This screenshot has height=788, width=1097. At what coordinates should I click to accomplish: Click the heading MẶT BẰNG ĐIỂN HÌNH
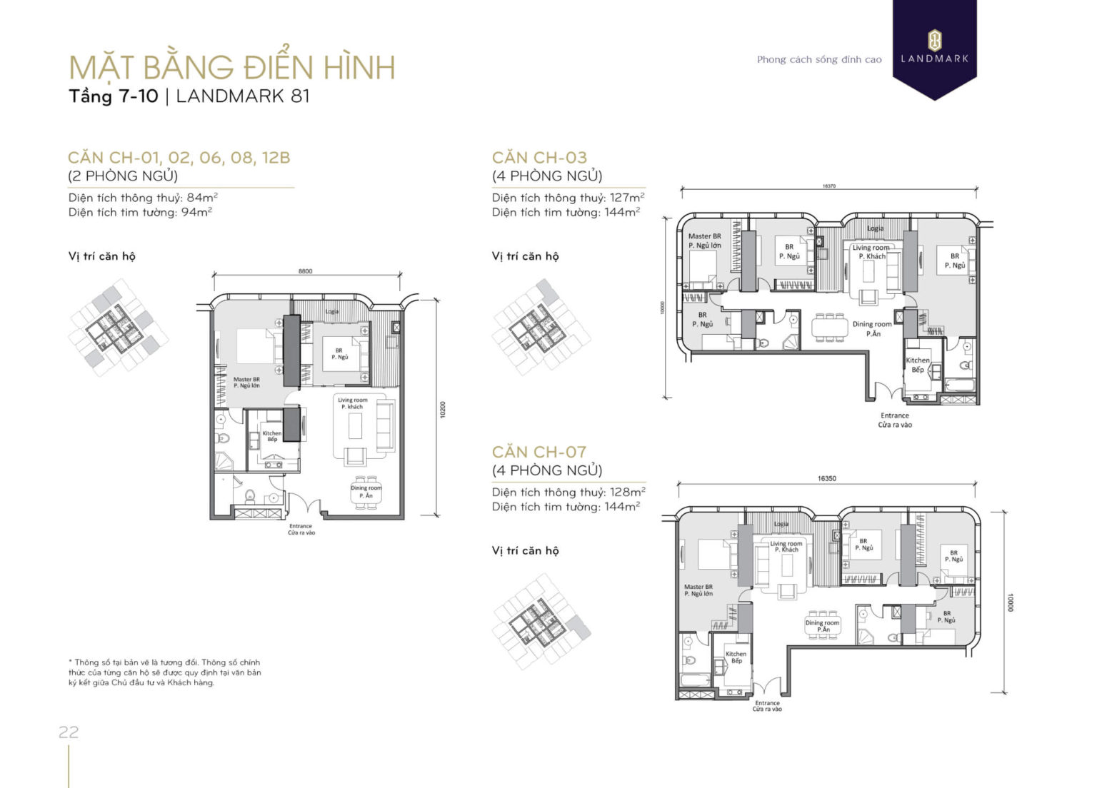[232, 67]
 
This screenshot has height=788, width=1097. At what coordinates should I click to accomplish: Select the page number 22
[69, 732]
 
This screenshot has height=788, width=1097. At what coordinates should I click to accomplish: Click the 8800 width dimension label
[305, 271]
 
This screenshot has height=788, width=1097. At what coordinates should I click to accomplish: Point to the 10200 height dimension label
[443, 409]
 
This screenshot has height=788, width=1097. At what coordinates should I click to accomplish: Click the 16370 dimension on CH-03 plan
[828, 186]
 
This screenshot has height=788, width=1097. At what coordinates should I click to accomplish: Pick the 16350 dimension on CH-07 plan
[826, 478]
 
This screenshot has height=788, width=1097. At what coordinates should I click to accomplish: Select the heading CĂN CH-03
[539, 158]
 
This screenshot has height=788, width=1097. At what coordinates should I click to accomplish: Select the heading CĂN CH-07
[539, 452]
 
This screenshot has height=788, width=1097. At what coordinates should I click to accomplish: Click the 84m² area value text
[201, 198]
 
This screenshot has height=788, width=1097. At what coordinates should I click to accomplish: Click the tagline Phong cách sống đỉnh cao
[819, 60]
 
